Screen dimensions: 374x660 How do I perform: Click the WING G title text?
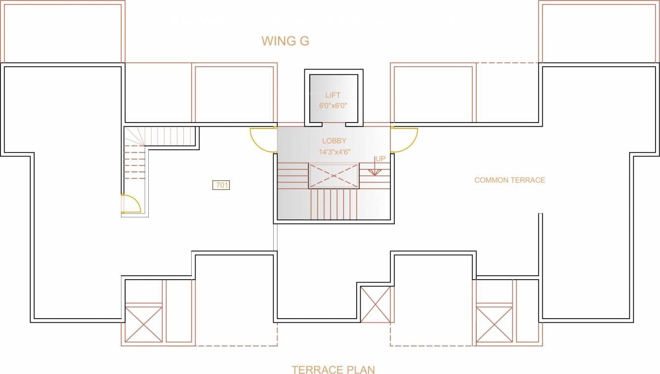pos(285,41)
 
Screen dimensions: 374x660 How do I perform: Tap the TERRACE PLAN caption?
pos(333,370)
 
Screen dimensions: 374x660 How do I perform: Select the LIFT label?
pos(332,95)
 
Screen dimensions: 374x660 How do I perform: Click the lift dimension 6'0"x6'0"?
pos(333,105)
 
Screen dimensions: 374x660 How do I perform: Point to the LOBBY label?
pos(334,141)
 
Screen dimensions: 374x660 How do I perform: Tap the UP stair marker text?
pos(380,159)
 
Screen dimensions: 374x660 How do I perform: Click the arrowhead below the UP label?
pos(375,172)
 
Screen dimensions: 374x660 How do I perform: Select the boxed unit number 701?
pos(221,185)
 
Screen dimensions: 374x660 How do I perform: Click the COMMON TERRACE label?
pos(509,180)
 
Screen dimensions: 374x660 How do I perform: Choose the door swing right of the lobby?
pos(405,140)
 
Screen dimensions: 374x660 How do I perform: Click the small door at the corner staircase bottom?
pos(130,204)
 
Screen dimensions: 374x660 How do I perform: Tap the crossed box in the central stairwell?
pos(334,176)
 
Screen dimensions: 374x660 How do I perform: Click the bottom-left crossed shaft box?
pos(143,324)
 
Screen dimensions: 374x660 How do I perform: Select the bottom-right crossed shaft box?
pos(494,324)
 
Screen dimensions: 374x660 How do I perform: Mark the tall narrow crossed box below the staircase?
pos(375,304)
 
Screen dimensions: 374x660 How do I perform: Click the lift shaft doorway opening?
pos(333,123)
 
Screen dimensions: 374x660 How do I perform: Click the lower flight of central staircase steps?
pos(333,204)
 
